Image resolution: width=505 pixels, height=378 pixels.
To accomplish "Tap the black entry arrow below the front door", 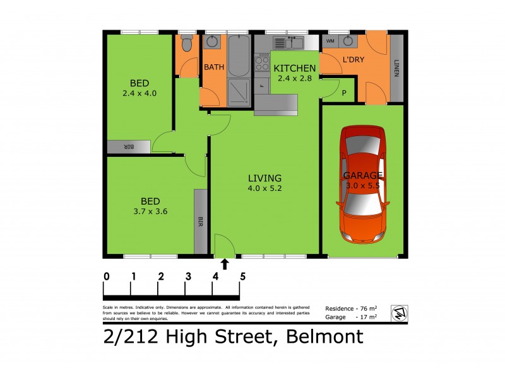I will point(225,263).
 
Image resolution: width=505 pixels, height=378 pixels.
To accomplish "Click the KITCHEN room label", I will point(294,68).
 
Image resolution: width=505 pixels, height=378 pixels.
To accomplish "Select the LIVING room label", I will point(264,178).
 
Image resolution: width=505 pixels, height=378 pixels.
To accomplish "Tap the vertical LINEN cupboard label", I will point(396,67).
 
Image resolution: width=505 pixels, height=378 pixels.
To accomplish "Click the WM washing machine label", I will point(330,41).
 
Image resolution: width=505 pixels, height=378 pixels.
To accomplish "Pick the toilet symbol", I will point(186,43).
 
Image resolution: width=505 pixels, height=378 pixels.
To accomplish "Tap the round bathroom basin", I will point(213,42).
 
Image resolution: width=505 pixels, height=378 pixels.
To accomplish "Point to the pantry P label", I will point(344,93).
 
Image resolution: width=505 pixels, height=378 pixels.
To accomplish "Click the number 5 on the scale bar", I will point(242,276).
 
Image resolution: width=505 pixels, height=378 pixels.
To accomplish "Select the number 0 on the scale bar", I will point(107,276).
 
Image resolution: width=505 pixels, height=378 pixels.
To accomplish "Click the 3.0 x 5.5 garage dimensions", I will point(363,186).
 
